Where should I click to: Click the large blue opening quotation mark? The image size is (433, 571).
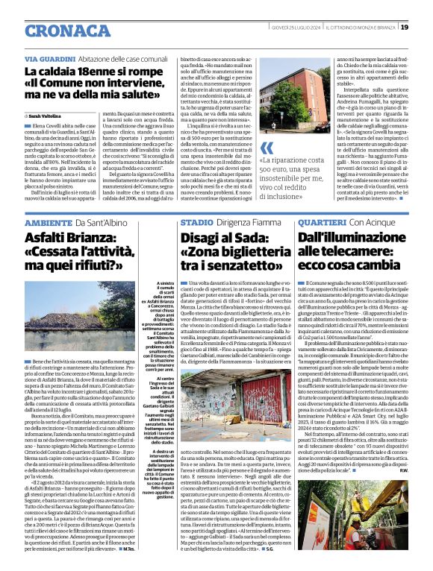[267, 148]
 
